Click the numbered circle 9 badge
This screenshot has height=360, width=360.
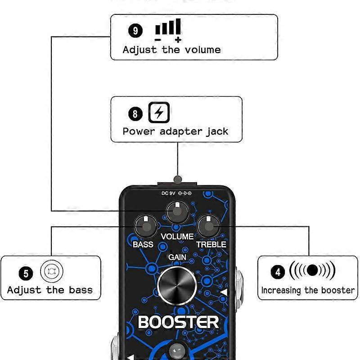[x=135, y=31]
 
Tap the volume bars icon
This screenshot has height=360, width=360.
[x=168, y=30]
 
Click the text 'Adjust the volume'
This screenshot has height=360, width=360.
[x=171, y=49]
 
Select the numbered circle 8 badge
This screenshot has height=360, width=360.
[x=135, y=113]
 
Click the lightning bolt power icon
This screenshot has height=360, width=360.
[x=159, y=113]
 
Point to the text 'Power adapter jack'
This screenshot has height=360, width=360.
[x=175, y=131]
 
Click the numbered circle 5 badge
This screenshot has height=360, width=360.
[x=26, y=273]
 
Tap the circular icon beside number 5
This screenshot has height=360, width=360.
[x=52, y=272]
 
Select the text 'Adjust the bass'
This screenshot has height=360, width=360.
[x=50, y=290]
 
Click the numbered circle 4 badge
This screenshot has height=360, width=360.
[x=278, y=272]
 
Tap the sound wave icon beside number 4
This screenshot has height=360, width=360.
[x=312, y=271]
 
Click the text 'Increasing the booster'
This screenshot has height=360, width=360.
[x=308, y=290]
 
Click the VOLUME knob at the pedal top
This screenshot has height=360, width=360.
[x=177, y=213]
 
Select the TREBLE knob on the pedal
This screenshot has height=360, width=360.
[x=208, y=226]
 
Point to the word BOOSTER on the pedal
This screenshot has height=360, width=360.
[x=178, y=322]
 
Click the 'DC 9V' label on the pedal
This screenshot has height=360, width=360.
[x=169, y=193]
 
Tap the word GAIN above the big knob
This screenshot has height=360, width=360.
[x=177, y=257]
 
